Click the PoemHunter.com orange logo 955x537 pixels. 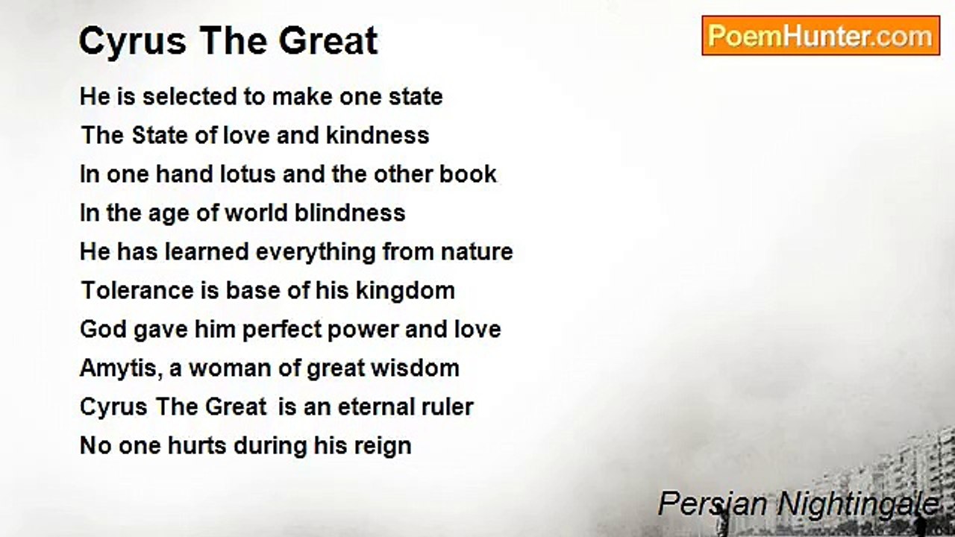[x=821, y=36]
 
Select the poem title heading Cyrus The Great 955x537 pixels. [x=228, y=41]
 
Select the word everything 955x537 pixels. [x=316, y=252]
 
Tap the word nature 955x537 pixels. [x=477, y=252]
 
